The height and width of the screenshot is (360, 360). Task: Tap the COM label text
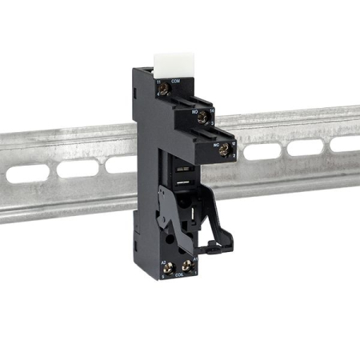click(x=174, y=82)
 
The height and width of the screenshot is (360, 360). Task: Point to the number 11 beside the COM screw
click(x=158, y=82)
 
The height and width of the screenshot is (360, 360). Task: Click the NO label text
click(x=194, y=112)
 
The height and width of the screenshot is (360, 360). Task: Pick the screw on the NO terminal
click(x=203, y=118)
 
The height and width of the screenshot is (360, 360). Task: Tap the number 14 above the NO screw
click(x=211, y=112)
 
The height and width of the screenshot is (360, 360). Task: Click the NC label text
click(x=217, y=145)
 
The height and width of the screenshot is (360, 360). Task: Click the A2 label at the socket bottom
click(x=163, y=262)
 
